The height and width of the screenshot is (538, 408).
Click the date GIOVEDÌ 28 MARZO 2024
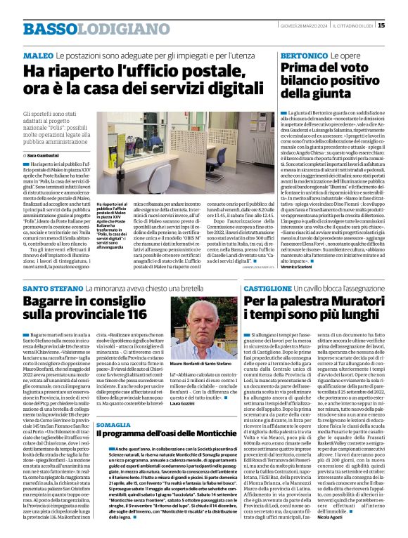click(302, 27)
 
